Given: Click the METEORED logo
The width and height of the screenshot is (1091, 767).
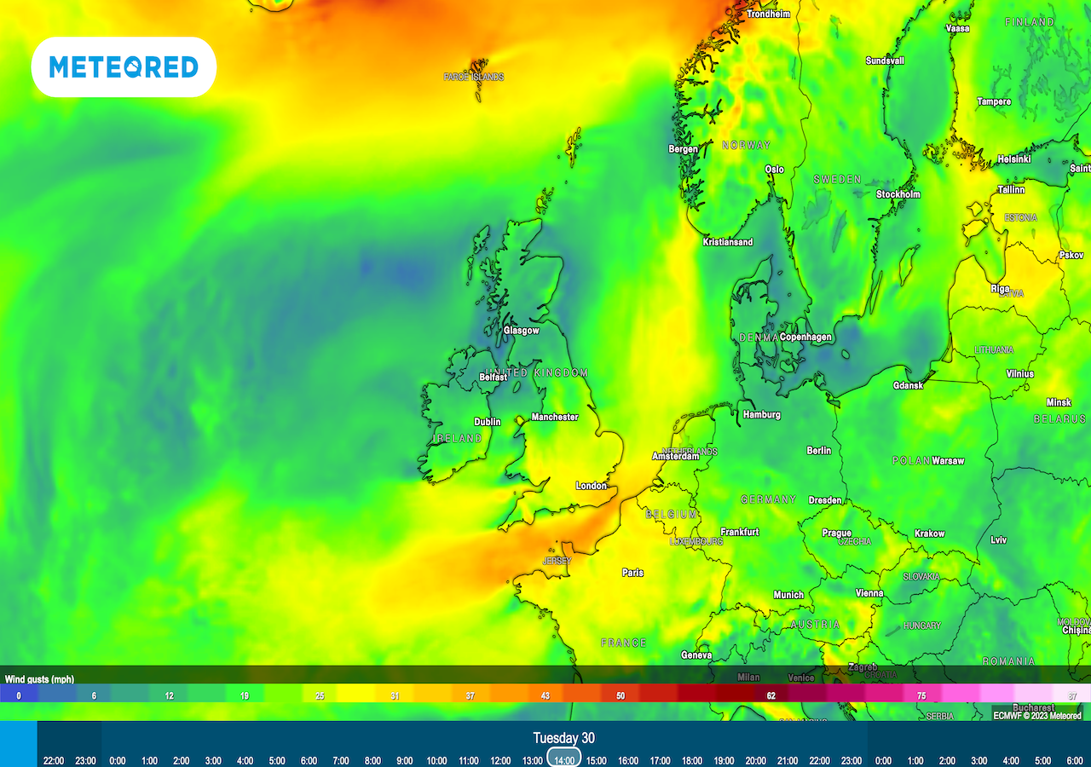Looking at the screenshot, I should (x=124, y=66).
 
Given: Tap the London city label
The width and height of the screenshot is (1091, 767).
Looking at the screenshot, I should (x=591, y=486).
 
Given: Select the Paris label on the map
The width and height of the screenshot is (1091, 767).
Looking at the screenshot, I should (x=632, y=573).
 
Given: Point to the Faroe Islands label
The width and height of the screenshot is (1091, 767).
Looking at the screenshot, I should (x=474, y=77).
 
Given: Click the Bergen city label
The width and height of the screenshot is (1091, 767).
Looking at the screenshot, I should (x=683, y=149).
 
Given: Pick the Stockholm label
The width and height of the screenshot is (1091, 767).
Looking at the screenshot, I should (x=898, y=194).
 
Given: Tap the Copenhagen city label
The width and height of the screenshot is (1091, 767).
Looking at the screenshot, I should (x=805, y=337).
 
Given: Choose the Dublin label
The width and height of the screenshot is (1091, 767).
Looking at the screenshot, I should (x=488, y=422).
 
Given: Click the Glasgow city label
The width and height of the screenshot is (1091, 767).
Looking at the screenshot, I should (x=521, y=331).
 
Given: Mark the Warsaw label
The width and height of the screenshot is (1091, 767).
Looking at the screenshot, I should (x=948, y=461).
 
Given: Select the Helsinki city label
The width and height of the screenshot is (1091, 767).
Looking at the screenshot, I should (x=1013, y=159).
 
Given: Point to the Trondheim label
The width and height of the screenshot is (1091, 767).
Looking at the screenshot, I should (x=768, y=14).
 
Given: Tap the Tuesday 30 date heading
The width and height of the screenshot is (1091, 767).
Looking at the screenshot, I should (x=563, y=738).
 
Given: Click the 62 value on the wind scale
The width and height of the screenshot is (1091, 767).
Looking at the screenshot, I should (x=771, y=695).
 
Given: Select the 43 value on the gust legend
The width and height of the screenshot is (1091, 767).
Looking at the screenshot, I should (x=545, y=695).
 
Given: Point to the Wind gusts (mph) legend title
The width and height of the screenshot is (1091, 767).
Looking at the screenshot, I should (x=39, y=679).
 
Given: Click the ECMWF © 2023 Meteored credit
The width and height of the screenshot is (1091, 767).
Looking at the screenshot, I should (x=1036, y=716).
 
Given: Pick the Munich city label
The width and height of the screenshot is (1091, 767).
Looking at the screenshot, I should (x=788, y=595).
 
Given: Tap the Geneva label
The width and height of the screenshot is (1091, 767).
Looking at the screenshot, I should (x=696, y=655).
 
